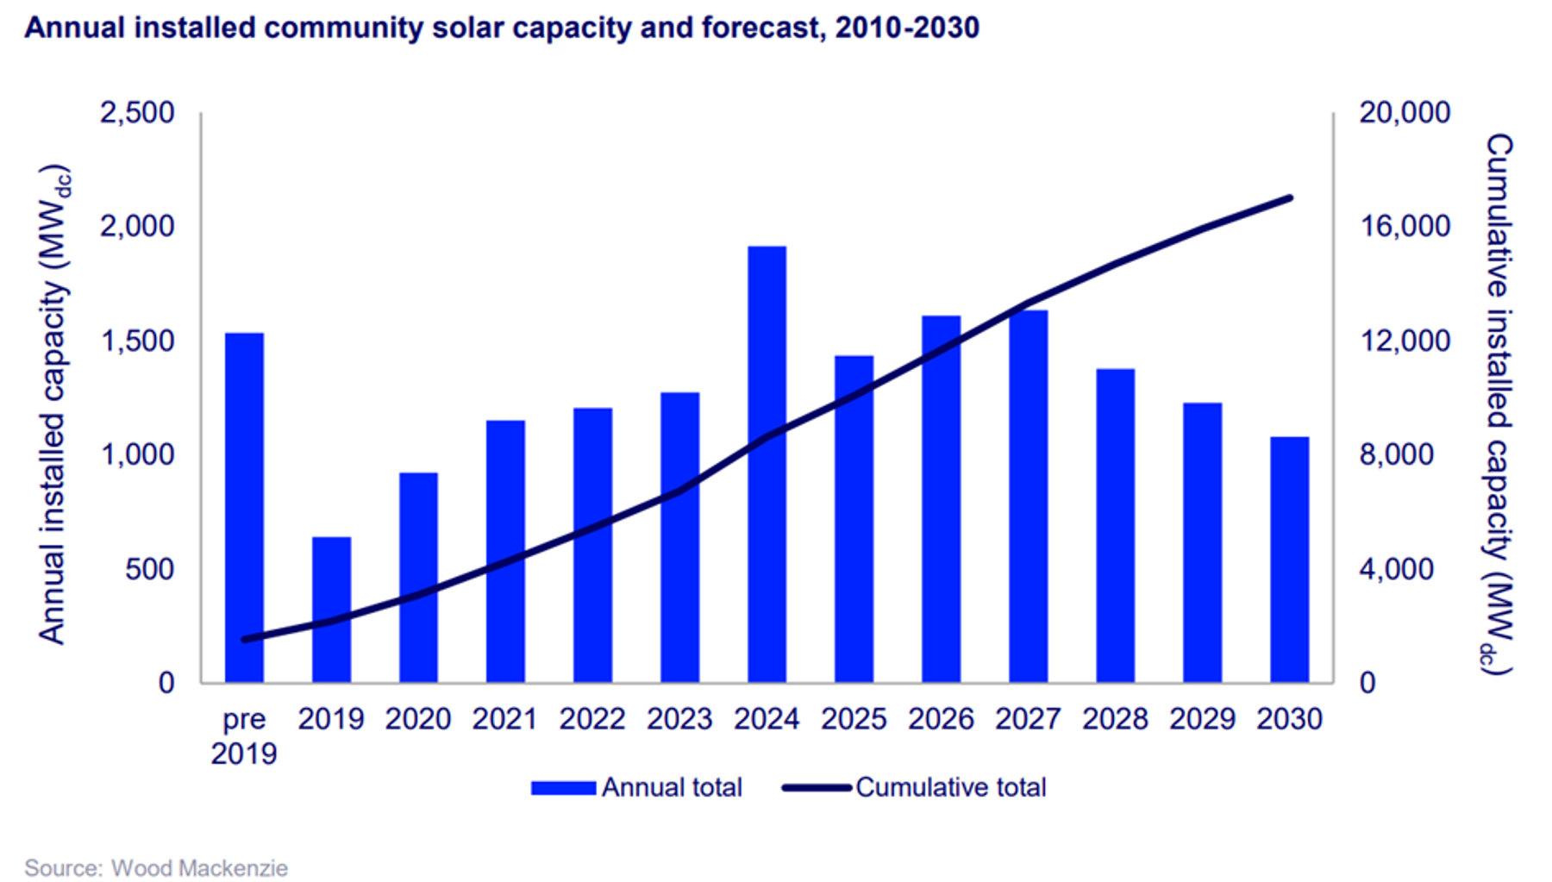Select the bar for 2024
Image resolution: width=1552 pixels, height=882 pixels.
(767, 466)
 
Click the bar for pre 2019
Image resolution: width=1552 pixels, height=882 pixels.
(244, 509)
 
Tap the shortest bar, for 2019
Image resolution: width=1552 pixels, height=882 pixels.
(331, 610)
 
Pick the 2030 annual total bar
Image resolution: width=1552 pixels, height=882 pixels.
(1289, 560)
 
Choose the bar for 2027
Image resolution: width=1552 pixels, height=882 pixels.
(1028, 497)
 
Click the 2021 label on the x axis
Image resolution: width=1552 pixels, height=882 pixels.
(505, 719)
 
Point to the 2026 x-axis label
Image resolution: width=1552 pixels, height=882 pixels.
(941, 719)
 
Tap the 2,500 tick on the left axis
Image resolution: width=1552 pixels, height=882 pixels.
(137, 113)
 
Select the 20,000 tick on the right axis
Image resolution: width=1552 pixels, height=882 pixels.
(1405, 113)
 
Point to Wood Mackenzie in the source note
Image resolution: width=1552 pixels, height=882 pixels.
(199, 867)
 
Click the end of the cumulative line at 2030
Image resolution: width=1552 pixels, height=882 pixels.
(1290, 197)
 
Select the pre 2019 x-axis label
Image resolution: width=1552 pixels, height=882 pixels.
(244, 735)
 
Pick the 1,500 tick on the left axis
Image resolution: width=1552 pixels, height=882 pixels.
(138, 341)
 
